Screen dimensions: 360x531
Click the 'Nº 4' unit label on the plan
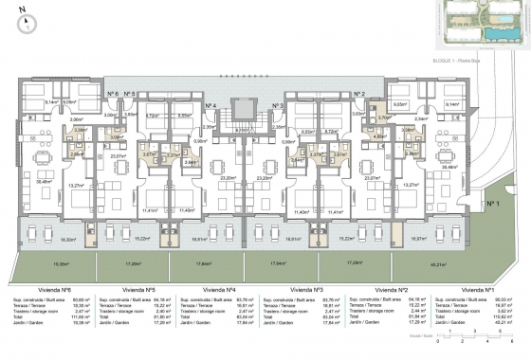(x=213, y=105)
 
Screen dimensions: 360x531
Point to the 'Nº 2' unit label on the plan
(x=358, y=95)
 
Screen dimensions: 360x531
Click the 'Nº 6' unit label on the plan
(x=112, y=95)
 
